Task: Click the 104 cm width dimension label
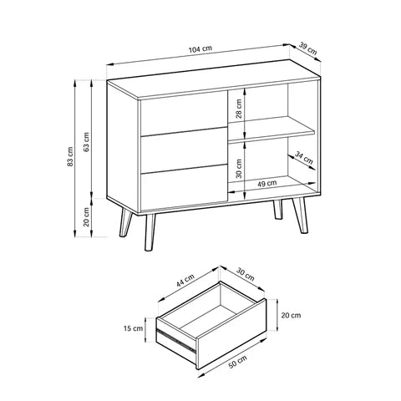coord(200,49)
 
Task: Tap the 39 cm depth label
coord(308,48)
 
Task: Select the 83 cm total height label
coord(70,157)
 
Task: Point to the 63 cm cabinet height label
coord(87,142)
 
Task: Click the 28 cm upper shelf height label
coord(239,109)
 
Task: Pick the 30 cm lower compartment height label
coord(239,169)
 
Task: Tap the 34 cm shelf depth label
coord(304,158)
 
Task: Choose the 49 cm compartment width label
coord(266,184)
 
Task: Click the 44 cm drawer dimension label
coord(185,281)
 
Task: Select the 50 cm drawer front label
coord(237,362)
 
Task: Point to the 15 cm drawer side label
coord(133,328)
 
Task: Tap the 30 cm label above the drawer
coord(246,274)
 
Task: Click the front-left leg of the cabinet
coord(150,232)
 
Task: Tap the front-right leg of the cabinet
coord(300,216)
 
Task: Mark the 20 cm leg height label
coord(87,217)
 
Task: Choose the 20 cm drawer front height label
coord(291,315)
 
